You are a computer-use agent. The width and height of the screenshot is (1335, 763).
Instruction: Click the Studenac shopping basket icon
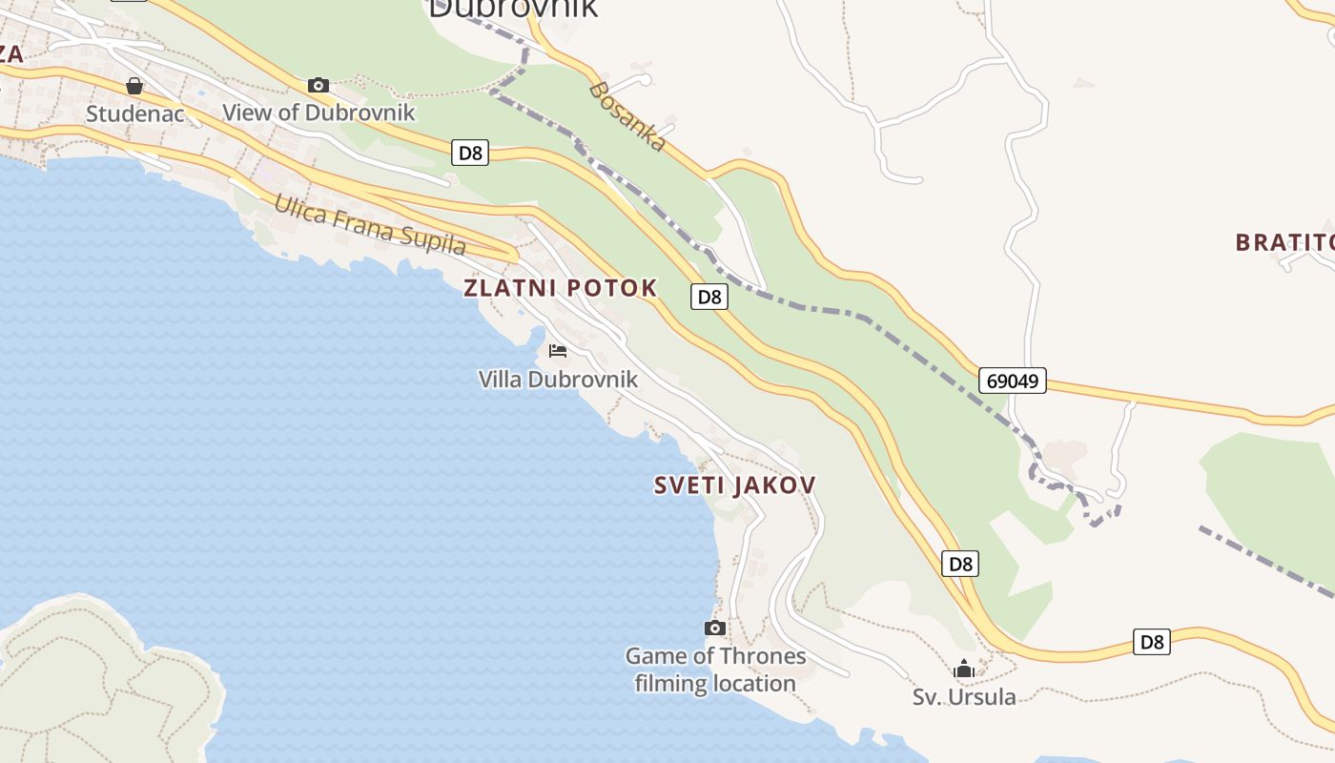[x=134, y=86]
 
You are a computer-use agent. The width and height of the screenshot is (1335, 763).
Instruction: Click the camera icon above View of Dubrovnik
[x=318, y=85]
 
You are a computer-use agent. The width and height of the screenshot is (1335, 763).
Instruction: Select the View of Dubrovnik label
[x=318, y=113]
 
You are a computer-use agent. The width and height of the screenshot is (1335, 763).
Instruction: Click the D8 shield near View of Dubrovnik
[x=470, y=153]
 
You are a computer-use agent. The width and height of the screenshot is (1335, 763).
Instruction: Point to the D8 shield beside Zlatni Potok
[x=709, y=297]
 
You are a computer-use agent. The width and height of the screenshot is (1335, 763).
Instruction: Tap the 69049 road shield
[x=1012, y=381]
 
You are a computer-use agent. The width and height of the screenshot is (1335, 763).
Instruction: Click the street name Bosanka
[x=626, y=117]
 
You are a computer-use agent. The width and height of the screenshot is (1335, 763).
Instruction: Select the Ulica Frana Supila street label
[x=370, y=225]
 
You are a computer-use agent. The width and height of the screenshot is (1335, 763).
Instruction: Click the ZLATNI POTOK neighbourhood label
[x=561, y=288]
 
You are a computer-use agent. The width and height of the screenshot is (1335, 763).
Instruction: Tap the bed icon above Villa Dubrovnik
[x=558, y=351]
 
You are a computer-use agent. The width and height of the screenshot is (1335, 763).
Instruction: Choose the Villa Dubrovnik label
[x=558, y=380]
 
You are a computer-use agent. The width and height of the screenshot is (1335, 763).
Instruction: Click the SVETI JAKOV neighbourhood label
[x=734, y=485]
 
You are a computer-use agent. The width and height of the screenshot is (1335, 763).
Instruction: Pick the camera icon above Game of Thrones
[x=715, y=628]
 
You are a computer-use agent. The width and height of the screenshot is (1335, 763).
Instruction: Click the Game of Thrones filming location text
[x=715, y=670]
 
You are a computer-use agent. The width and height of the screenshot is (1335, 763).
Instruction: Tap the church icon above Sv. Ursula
[x=964, y=669]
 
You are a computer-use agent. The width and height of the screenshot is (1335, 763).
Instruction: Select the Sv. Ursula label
[x=964, y=697]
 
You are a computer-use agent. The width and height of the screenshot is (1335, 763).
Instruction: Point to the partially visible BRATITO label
[x=1284, y=242]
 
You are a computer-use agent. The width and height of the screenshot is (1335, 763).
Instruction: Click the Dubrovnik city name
[x=513, y=8]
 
